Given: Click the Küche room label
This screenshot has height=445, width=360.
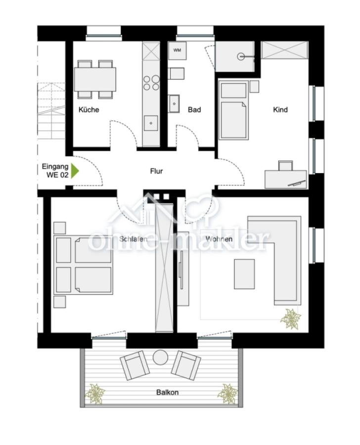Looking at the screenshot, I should (89, 109).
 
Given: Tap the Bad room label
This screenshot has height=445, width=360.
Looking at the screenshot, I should (194, 109).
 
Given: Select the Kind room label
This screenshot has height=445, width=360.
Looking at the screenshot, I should (280, 109).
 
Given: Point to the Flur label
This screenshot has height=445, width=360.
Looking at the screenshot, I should (156, 171).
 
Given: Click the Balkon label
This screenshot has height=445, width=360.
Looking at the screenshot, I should (167, 392).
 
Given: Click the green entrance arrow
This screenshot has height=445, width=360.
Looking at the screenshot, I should (75, 171).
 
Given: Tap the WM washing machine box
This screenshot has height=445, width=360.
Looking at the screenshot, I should (177, 50).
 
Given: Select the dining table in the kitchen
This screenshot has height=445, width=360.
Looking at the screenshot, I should (95, 79).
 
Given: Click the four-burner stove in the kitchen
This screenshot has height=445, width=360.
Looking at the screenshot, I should (151, 83).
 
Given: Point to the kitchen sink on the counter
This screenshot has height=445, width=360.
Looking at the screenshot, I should (151, 122).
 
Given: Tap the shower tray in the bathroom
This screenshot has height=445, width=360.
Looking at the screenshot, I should (235, 56).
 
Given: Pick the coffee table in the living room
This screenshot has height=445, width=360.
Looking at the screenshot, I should (244, 274).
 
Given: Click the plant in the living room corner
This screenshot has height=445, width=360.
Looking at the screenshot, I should (290, 319).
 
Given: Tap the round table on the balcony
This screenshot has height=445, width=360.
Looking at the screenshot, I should (160, 356).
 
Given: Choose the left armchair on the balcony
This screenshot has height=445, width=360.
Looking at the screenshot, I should (135, 365).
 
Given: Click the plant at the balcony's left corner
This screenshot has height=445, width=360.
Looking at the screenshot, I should (94, 394).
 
